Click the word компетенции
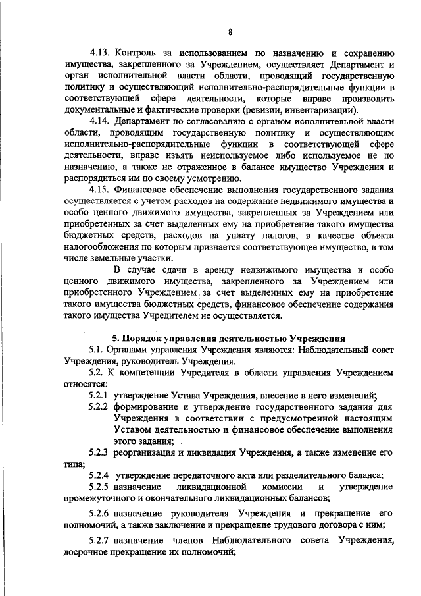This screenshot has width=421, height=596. tap(143, 373)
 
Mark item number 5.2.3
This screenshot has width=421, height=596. tap(98, 453)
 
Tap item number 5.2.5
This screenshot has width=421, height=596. tap(98, 487)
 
